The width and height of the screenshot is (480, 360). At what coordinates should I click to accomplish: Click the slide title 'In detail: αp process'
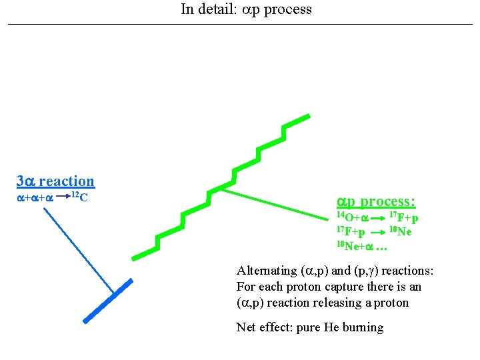tap(246, 9)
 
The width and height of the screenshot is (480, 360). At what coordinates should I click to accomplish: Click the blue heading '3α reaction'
tap(55, 181)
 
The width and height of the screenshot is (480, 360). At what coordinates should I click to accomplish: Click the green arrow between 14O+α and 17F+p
tap(378, 218)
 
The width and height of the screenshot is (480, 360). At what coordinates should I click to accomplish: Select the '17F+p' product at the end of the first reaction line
tap(404, 218)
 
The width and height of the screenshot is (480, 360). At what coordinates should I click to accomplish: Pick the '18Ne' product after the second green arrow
tap(400, 232)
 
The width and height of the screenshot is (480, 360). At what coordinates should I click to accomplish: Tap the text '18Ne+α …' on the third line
tap(361, 247)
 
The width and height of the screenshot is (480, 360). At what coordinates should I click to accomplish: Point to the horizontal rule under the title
tap(240, 25)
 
